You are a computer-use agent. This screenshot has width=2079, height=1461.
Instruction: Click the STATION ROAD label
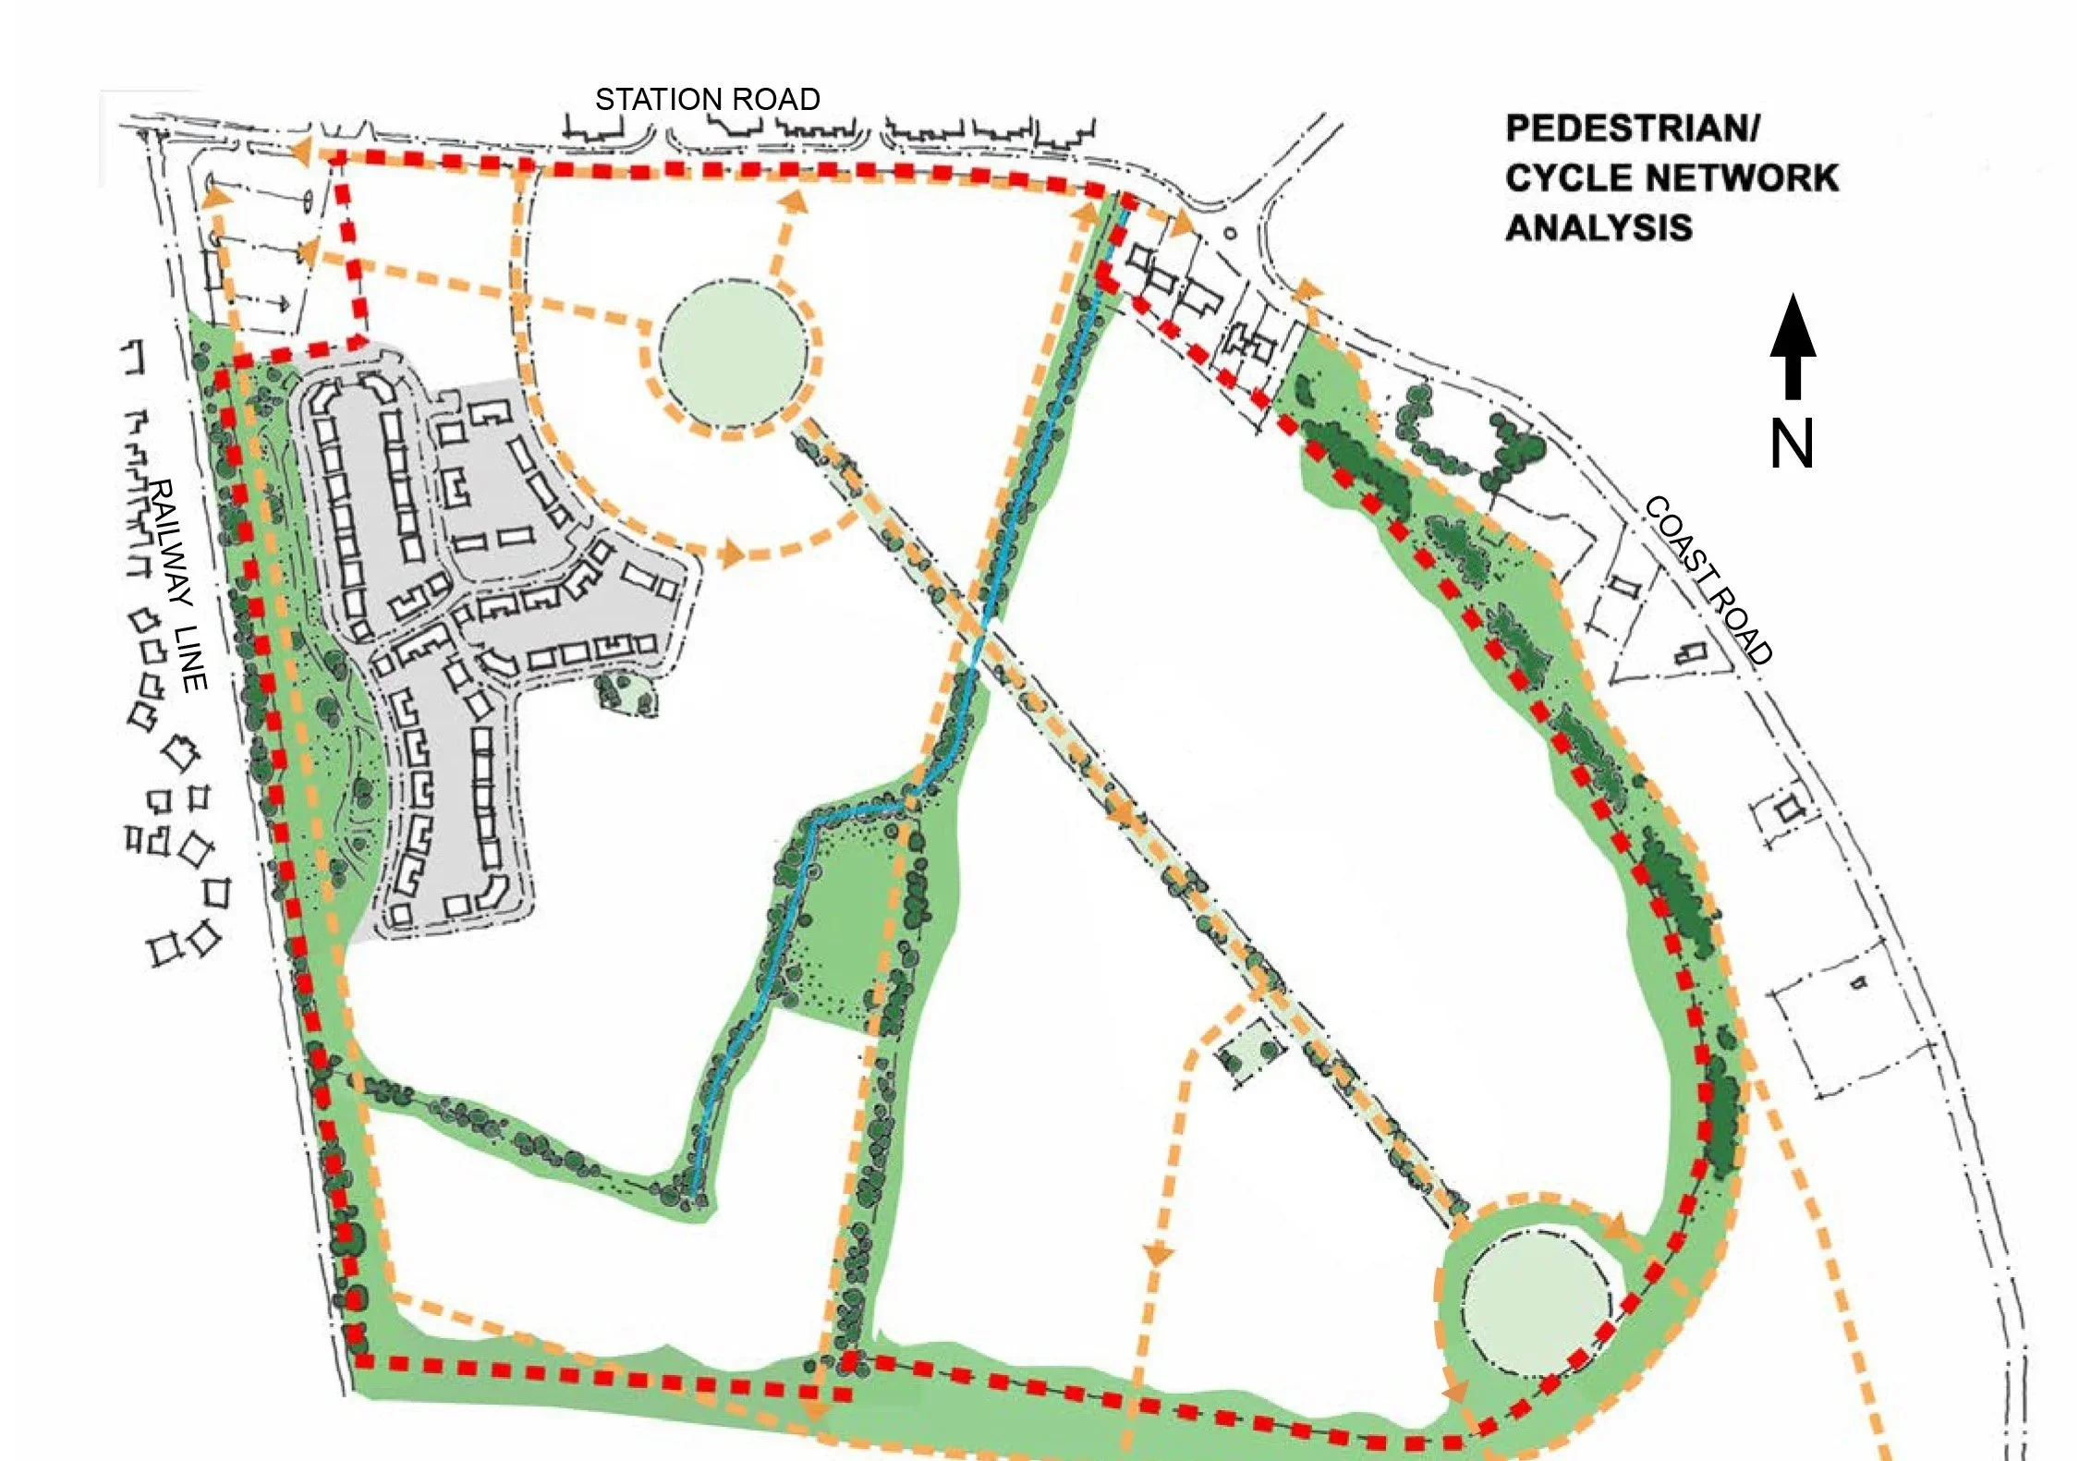point(707,99)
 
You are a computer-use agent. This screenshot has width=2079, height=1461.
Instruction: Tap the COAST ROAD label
point(1708,580)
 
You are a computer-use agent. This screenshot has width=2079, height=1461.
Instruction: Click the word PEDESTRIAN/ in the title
point(1633,128)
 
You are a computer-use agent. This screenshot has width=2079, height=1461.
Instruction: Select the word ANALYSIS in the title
point(1599,227)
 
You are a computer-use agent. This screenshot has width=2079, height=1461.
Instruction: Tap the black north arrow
point(1793,347)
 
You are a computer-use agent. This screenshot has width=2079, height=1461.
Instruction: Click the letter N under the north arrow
point(1791,444)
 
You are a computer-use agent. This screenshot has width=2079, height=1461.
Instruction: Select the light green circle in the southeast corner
point(1535,1309)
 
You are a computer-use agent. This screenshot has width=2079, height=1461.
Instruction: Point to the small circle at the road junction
point(1230,235)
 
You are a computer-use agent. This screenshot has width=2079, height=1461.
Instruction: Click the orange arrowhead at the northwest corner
point(302,151)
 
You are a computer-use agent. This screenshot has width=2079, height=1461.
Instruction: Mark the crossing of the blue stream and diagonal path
point(984,628)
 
